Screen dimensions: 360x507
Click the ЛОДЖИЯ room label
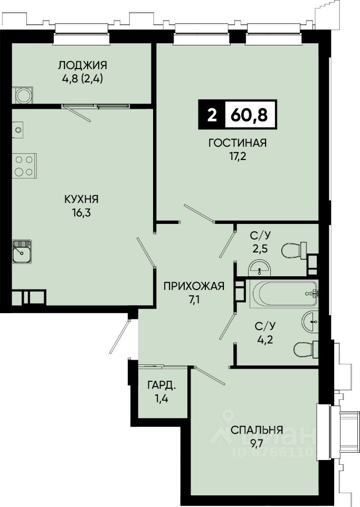[82, 65]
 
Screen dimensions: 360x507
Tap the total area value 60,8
[250, 115]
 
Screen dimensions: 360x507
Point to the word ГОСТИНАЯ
[238, 143]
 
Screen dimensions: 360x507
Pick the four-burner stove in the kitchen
[24, 165]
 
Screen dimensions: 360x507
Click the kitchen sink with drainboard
[22, 251]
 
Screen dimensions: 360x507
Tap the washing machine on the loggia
[23, 96]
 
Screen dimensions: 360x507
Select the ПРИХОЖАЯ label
[194, 286]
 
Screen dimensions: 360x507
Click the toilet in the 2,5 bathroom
[294, 250]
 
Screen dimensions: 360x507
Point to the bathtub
[284, 294]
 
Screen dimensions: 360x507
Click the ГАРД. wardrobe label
[162, 385]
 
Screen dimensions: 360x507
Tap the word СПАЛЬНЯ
[257, 430]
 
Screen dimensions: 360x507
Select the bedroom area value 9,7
[257, 444]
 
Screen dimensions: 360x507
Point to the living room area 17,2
[238, 156]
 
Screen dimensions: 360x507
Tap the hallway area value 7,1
[194, 300]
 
